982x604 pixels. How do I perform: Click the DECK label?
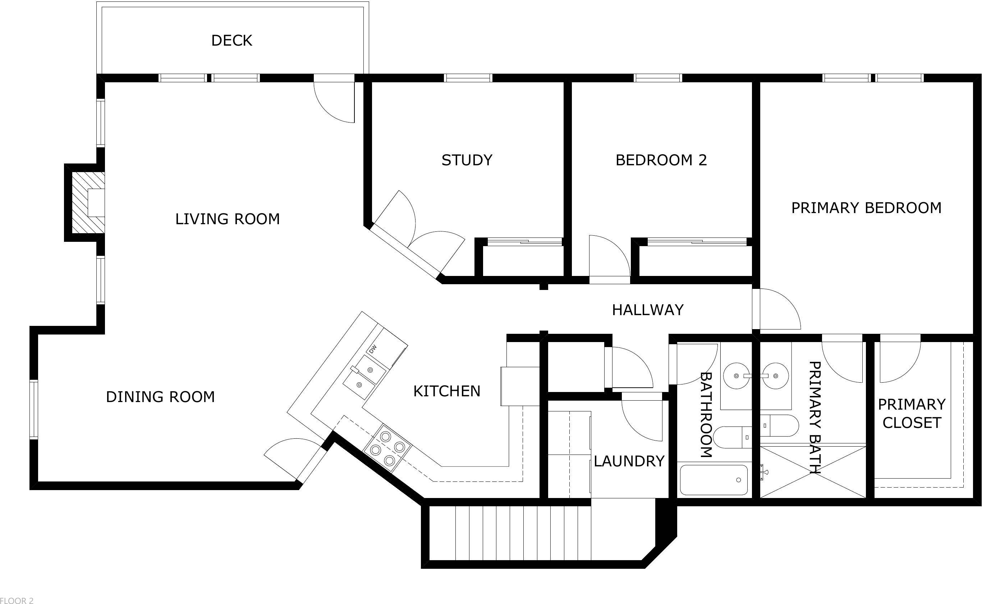tap(231, 40)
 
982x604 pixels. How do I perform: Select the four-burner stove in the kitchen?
tap(387, 449)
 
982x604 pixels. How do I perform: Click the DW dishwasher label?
tap(372, 349)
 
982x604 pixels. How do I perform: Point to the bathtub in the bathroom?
tap(713, 480)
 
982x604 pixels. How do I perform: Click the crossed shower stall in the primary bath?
tap(813, 472)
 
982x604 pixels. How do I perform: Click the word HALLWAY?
tap(648, 310)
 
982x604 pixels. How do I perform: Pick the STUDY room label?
tap(467, 160)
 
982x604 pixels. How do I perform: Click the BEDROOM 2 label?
tap(661, 160)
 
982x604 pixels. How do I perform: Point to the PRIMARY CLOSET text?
tap(911, 413)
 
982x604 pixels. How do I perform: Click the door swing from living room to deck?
tap(335, 102)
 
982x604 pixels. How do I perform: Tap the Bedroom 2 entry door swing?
tap(608, 258)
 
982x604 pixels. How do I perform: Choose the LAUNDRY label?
tap(629, 461)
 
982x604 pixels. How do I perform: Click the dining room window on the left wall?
tap(34, 410)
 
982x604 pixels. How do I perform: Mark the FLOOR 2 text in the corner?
tap(17, 600)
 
